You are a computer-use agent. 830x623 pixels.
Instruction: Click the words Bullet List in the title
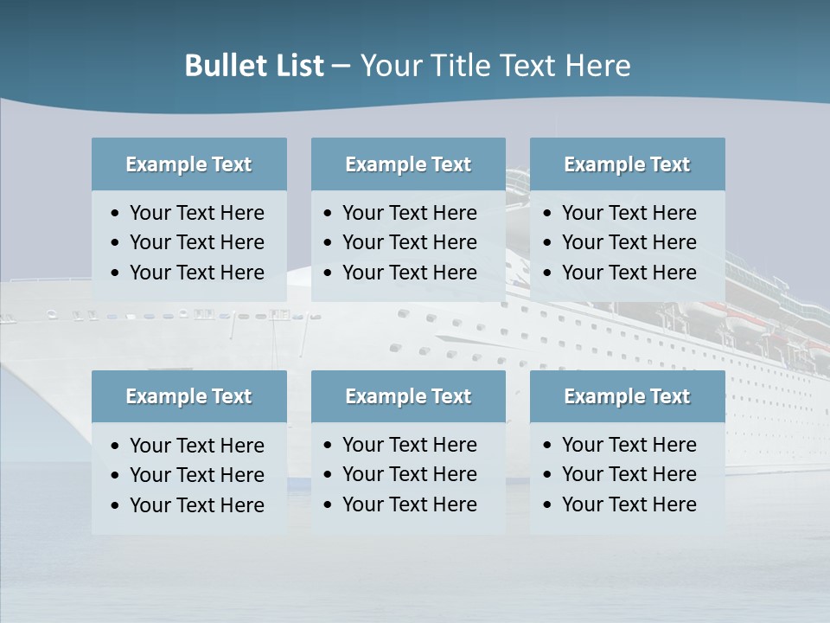[x=254, y=66]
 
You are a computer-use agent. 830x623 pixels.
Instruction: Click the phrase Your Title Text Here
[x=495, y=66]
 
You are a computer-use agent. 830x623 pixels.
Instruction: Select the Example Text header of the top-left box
[x=188, y=164]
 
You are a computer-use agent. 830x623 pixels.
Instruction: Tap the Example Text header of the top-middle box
[x=408, y=164]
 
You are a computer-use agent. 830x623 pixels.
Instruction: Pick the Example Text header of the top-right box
[x=627, y=164]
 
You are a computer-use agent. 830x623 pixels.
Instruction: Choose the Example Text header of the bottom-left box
[x=188, y=396]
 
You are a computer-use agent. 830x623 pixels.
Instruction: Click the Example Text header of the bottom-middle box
[x=408, y=396]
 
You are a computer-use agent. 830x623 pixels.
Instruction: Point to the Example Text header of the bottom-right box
[x=627, y=396]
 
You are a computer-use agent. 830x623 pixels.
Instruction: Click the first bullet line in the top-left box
[x=196, y=213]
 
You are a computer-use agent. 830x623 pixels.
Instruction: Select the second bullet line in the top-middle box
[x=409, y=242]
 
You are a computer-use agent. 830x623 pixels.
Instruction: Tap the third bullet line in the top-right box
[x=629, y=273]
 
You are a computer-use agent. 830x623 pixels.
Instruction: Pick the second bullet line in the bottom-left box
[x=196, y=475]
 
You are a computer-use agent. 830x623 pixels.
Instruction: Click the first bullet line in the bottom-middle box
[x=409, y=445]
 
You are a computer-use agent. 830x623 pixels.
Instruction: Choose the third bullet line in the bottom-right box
[x=629, y=504]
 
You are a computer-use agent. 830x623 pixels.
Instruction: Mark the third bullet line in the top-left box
[x=196, y=273]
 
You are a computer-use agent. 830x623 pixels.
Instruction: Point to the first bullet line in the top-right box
[x=629, y=213]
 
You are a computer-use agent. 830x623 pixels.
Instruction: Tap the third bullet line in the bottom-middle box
[x=409, y=504]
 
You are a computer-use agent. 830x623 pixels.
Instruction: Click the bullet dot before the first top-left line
[x=116, y=214]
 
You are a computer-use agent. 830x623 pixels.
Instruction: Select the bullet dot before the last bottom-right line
[x=547, y=505]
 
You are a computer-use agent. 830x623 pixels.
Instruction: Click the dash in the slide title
[x=341, y=67]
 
